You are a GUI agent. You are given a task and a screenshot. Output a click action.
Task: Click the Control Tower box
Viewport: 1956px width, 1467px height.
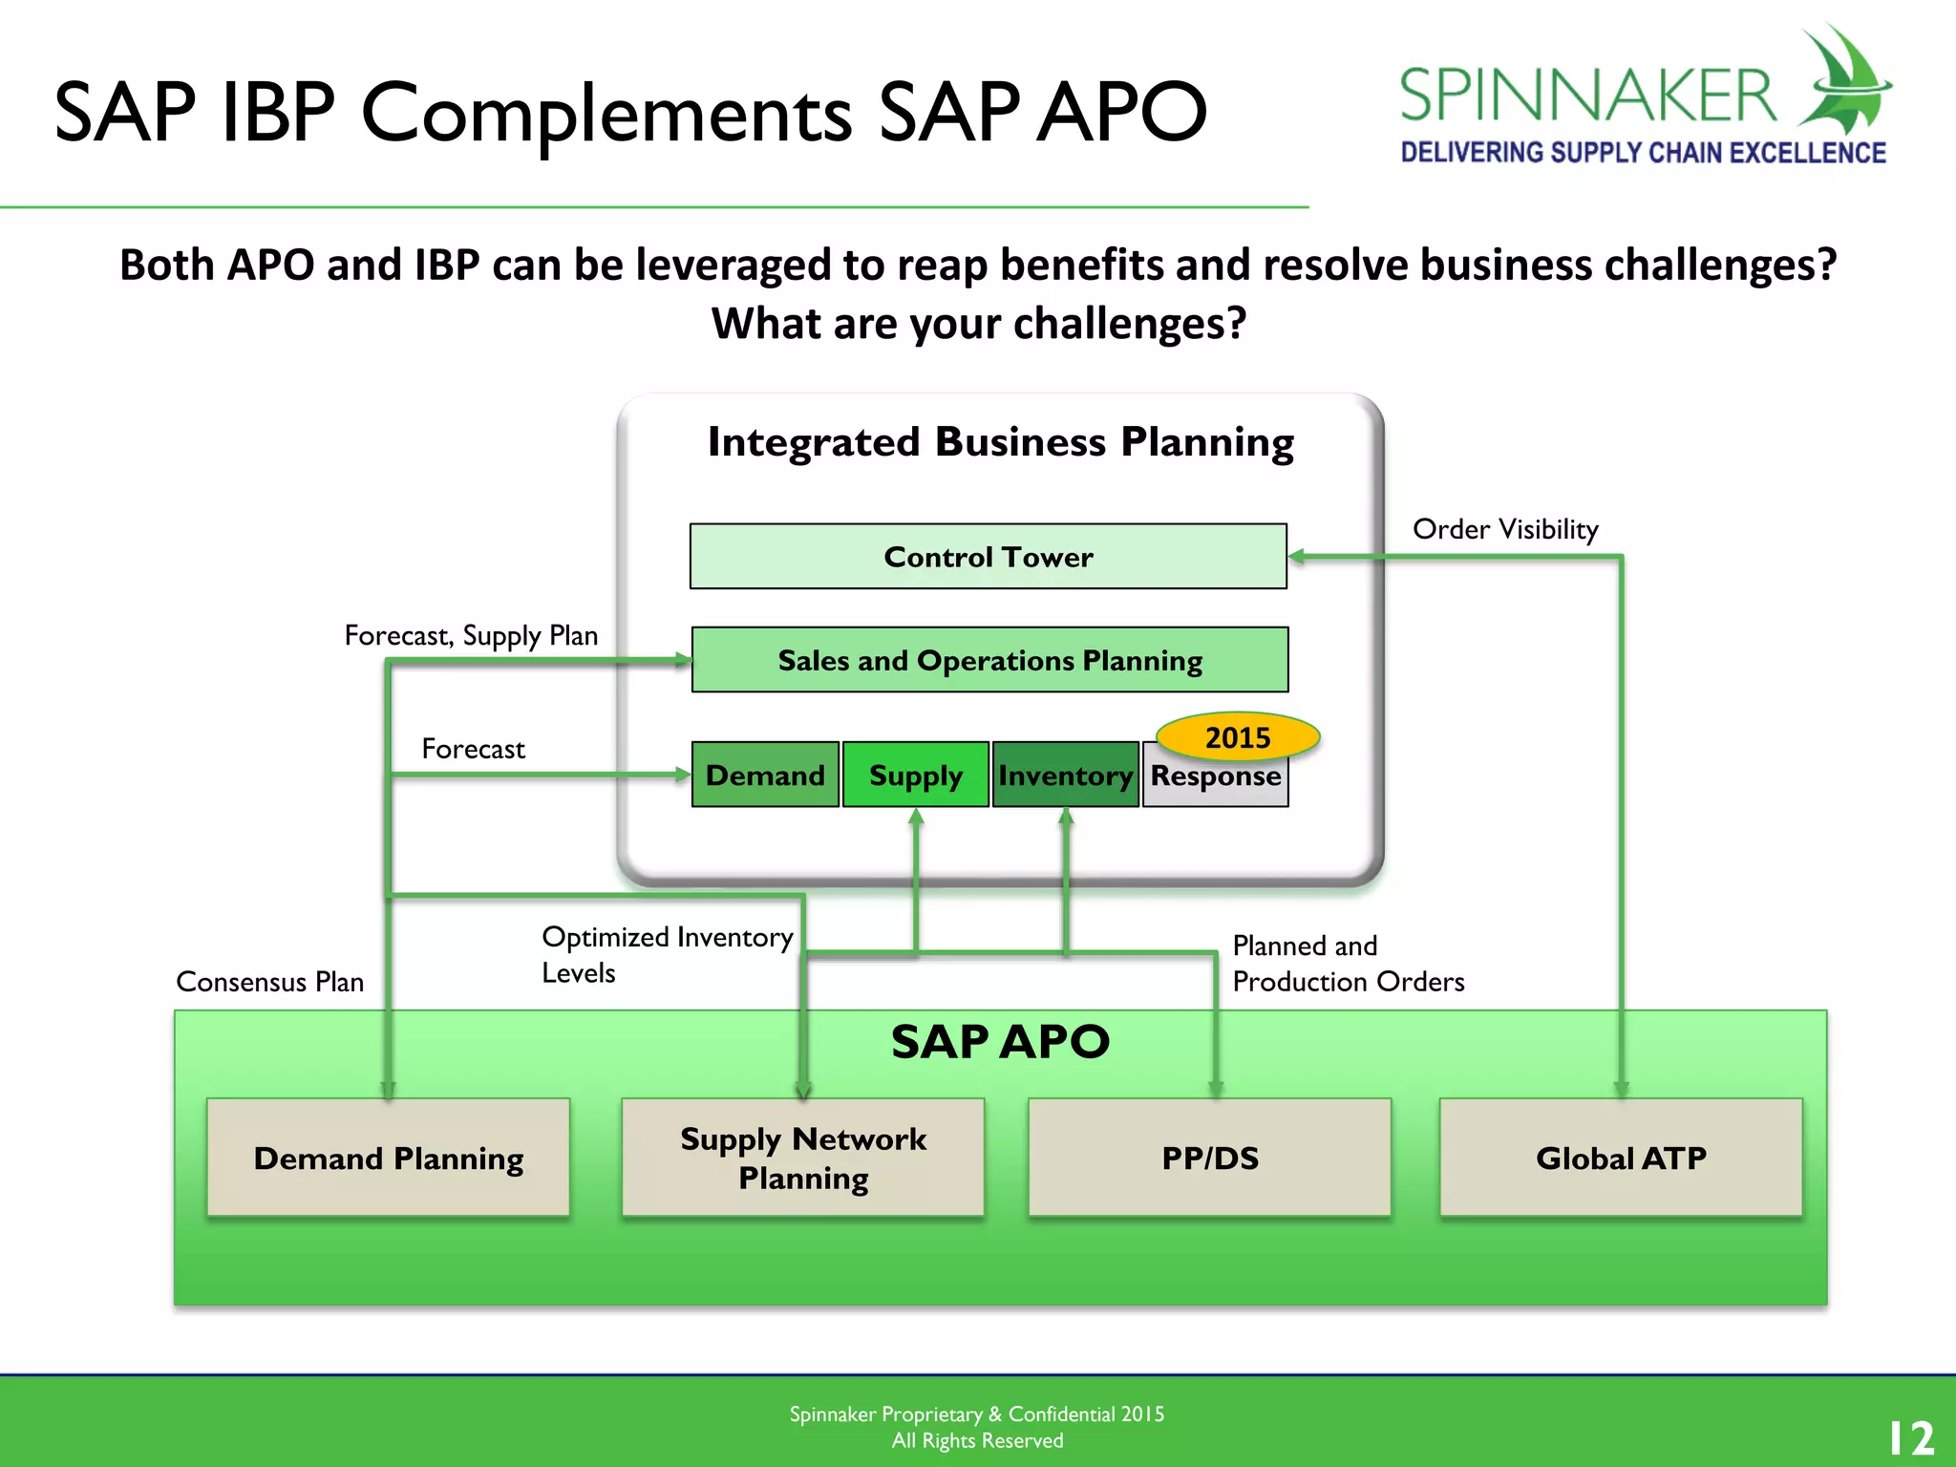[988, 556]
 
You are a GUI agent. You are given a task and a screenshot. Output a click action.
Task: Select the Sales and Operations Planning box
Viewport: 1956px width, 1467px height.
[989, 660]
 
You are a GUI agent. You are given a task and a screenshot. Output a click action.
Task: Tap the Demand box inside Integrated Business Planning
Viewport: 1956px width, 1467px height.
[765, 775]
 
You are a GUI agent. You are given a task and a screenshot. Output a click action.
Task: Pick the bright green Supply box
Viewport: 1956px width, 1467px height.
[915, 775]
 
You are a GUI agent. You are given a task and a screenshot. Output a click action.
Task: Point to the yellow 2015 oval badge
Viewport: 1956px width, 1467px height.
[1238, 736]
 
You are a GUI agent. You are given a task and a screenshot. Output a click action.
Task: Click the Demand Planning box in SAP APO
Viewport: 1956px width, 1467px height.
[388, 1158]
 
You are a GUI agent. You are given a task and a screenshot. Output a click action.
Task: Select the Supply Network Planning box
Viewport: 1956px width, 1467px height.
[802, 1158]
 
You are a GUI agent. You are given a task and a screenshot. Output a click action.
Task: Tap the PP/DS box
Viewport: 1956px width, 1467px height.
[1209, 1158]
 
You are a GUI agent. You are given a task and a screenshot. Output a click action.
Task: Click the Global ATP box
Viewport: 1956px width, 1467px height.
[1621, 1158]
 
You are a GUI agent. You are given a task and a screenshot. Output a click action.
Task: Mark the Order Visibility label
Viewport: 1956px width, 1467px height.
[1505, 529]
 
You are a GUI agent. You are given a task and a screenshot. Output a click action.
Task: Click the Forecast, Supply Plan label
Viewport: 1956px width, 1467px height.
[471, 635]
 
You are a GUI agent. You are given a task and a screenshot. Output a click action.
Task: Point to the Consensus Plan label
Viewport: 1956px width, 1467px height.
[270, 982]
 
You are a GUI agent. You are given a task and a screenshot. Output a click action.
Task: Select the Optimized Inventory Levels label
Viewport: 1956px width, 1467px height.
[666, 954]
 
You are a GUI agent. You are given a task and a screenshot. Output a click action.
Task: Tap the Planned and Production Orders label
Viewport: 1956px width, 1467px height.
[1347, 964]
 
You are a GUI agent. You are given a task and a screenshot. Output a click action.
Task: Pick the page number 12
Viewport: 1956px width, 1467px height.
[1910, 1437]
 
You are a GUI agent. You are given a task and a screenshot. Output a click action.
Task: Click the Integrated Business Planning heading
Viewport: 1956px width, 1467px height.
[1000, 442]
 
